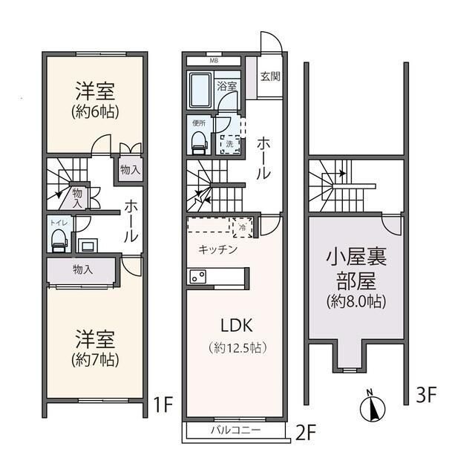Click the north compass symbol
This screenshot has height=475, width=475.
pos(373,407)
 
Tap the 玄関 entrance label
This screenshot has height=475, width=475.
pos(270,76)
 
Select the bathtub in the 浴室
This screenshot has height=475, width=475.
pos(200,91)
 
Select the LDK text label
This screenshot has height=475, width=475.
pos(236,324)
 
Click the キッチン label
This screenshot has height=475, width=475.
pos(217,249)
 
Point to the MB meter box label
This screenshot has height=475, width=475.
pos(214,61)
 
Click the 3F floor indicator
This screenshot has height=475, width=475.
pos(426,395)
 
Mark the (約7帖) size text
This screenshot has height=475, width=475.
pos(95,359)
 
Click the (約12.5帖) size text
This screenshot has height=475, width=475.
pos(236,347)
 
